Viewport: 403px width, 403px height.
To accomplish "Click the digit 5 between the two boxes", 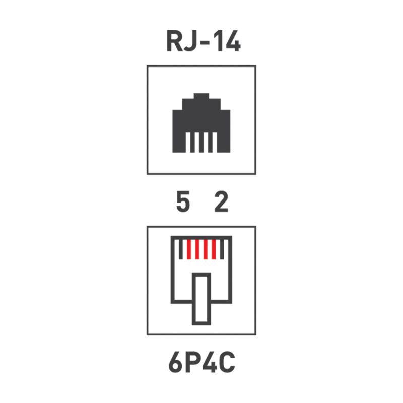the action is tap(183, 202).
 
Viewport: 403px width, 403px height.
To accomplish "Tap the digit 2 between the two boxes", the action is tap(221, 202).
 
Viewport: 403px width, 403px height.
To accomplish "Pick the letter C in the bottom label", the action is tap(227, 362).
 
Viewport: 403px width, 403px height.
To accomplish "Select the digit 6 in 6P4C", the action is tap(175, 362).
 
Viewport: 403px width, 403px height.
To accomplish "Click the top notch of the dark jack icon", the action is tap(201, 96).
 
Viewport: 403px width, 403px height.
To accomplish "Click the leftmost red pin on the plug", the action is tap(189, 249).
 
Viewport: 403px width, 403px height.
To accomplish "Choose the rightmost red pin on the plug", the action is tap(214, 249).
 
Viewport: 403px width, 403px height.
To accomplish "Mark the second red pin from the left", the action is tap(197, 249).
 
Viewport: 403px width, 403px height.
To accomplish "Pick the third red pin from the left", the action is tap(206, 249).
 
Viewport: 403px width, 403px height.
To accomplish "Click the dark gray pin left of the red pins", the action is tap(181, 249).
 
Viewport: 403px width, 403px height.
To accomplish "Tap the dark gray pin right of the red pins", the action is tap(222, 249).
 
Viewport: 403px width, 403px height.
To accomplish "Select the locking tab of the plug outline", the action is tap(201, 299).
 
